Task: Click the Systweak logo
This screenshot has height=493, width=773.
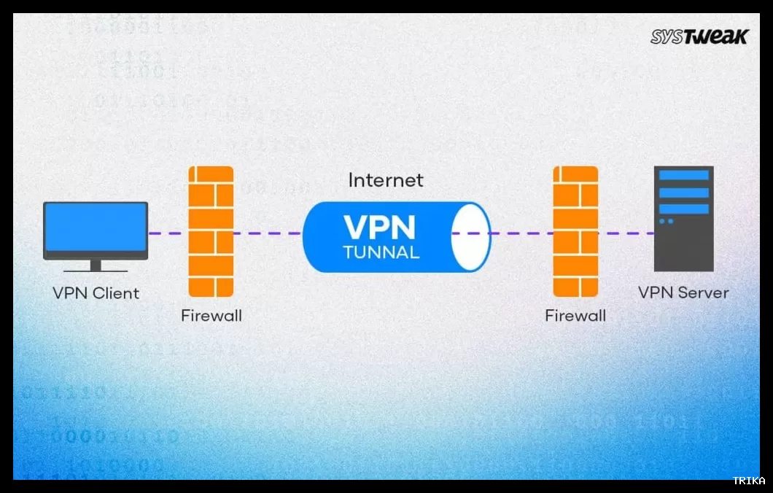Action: click(x=699, y=37)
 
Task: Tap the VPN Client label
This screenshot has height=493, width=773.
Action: click(x=96, y=293)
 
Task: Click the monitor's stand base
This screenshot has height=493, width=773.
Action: click(x=96, y=269)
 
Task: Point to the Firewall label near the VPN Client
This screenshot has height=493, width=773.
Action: click(x=211, y=316)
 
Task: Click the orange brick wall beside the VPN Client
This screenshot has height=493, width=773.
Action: click(x=211, y=231)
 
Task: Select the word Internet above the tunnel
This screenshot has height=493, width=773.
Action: click(x=386, y=180)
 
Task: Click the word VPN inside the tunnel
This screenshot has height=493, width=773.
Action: click(x=379, y=227)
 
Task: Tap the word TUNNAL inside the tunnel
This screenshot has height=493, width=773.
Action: click(x=381, y=253)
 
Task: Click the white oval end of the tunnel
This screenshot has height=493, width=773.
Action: click(x=470, y=238)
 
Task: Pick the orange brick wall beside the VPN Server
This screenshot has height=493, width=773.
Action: click(x=575, y=231)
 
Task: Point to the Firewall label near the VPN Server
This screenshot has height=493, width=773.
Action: click(x=575, y=316)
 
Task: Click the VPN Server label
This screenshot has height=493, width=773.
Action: click(x=683, y=293)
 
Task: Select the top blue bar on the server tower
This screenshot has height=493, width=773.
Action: click(x=683, y=176)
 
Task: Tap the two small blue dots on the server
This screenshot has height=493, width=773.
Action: click(x=667, y=221)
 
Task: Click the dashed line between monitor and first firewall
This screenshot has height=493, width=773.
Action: click(x=168, y=233)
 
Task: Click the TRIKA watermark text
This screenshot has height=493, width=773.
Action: click(x=749, y=481)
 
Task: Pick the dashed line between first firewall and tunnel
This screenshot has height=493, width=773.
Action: click(x=268, y=233)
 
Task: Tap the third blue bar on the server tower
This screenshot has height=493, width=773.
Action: click(x=683, y=209)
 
